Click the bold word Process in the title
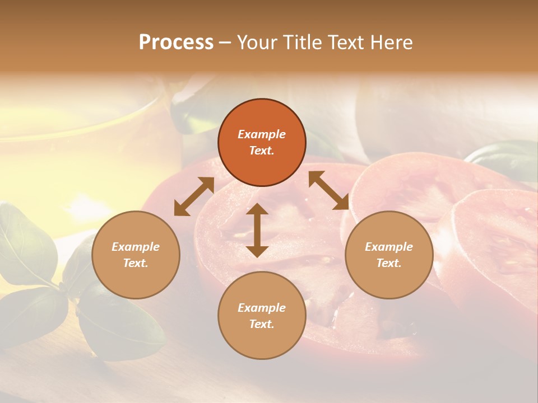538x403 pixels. click(x=176, y=43)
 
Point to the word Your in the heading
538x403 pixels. click(x=258, y=43)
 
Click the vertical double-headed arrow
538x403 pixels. click(x=257, y=230)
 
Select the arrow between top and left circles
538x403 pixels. click(x=194, y=196)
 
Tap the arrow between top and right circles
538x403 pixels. click(x=328, y=190)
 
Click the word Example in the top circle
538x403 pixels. click(x=262, y=134)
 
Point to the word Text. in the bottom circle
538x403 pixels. click(x=262, y=324)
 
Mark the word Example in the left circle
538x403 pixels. click(x=136, y=247)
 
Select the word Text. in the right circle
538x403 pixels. click(x=389, y=263)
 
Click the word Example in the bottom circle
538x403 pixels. click(x=262, y=308)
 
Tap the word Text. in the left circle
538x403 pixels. click(x=136, y=263)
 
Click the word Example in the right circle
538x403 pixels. click(x=389, y=247)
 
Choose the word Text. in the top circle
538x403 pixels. click(x=262, y=151)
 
